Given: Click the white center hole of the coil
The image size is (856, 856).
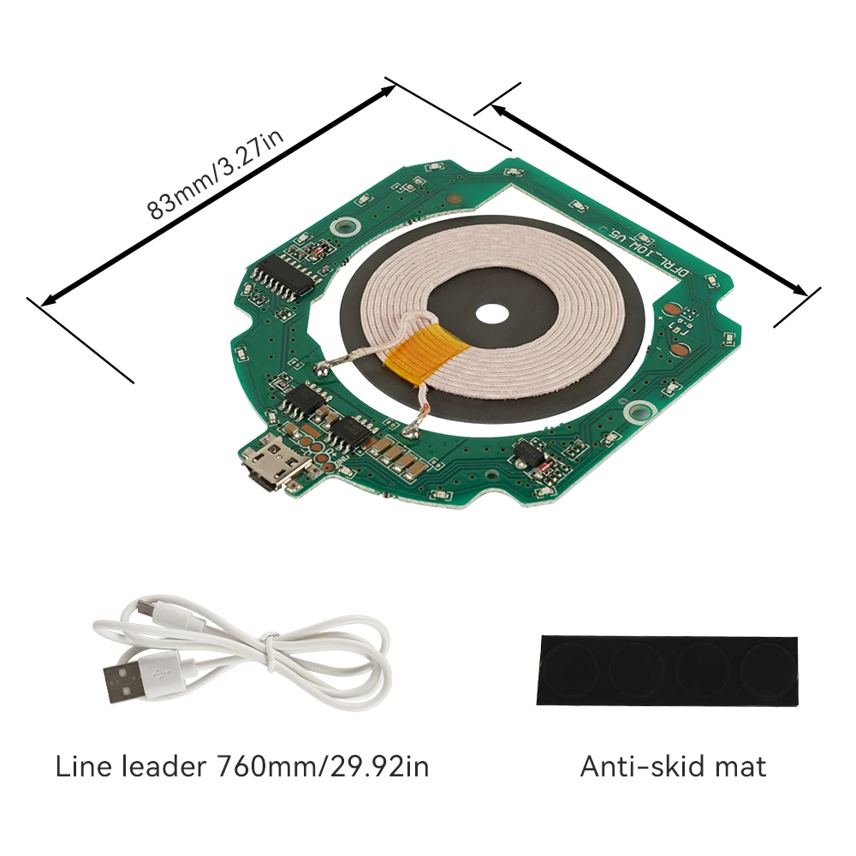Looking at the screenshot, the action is (492, 314).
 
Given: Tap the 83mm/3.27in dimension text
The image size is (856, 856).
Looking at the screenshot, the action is (215, 174).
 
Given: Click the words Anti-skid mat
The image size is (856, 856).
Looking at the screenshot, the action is (673, 766).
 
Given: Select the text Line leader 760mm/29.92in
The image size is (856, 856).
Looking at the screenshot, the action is (242, 766).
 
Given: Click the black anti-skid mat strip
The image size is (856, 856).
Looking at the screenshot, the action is (667, 670).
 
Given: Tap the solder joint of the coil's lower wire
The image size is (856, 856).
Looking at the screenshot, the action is (411, 431).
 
